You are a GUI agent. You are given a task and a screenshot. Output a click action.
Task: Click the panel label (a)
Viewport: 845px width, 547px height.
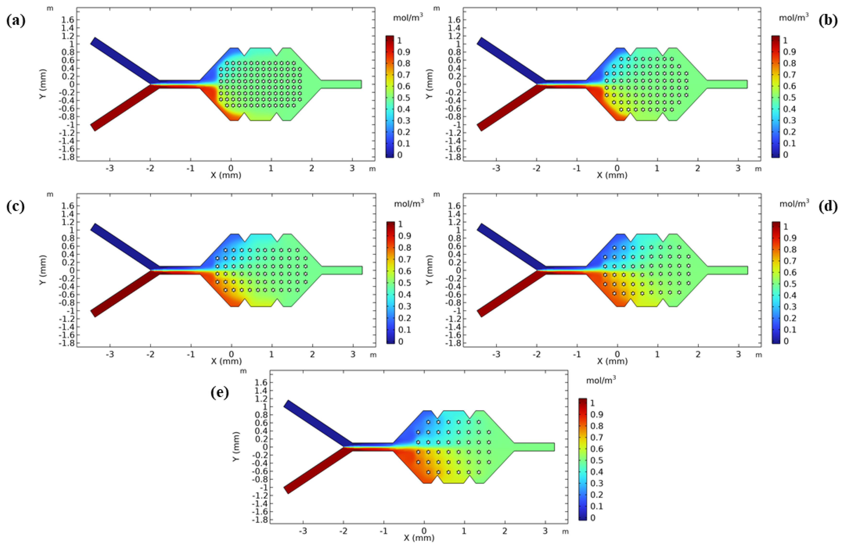[16, 21]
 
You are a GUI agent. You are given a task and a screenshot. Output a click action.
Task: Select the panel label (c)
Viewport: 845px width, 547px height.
[16, 207]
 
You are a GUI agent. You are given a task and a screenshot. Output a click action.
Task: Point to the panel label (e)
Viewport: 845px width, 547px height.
[219, 393]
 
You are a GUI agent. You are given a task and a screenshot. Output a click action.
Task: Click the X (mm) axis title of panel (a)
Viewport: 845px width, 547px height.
[226, 175]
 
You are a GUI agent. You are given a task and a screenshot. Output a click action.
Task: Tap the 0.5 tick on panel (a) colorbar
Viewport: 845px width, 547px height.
[403, 98]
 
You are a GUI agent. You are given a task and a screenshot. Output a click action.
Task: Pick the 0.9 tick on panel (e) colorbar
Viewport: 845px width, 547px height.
[596, 414]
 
